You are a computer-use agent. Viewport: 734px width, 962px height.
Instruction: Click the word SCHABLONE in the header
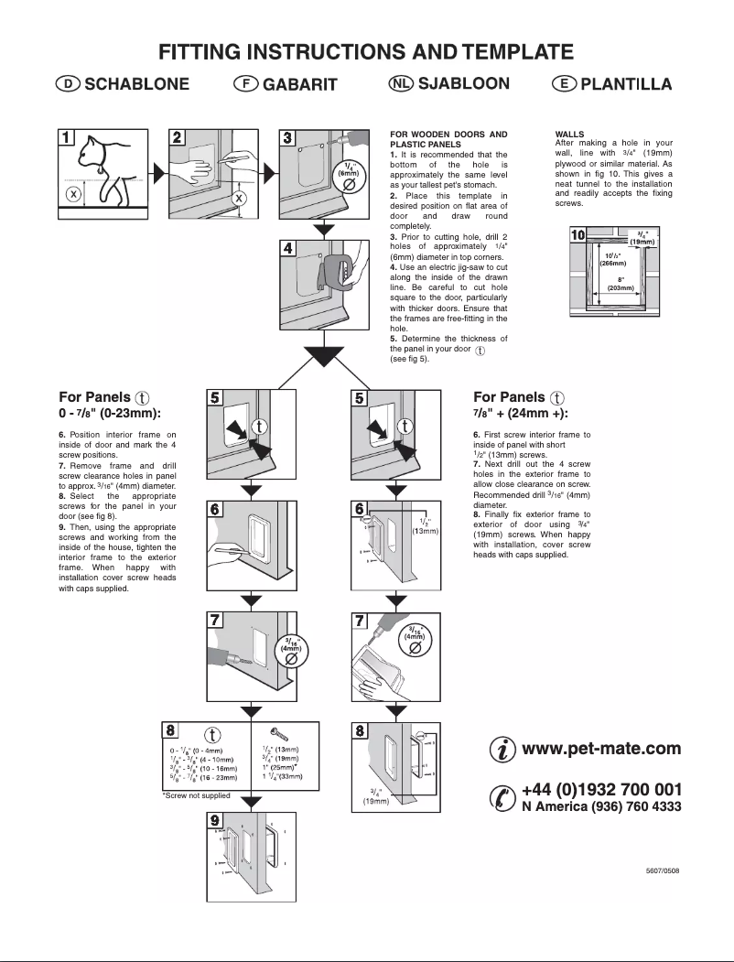coord(137,84)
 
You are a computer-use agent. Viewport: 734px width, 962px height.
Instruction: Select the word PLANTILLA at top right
coord(627,84)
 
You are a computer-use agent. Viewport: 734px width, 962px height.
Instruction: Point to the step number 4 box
coord(288,248)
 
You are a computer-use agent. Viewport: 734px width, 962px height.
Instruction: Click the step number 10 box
coord(577,235)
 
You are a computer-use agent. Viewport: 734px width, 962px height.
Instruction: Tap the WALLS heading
coord(569,134)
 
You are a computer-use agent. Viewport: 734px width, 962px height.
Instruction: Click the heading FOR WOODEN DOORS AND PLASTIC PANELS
coord(448,139)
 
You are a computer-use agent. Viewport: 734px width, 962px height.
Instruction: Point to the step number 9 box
coord(215,820)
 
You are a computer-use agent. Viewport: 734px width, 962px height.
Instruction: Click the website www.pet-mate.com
coord(600,749)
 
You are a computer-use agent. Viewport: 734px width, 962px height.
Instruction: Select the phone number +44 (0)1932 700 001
coord(600,789)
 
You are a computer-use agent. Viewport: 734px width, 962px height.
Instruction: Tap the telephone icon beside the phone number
coord(502,797)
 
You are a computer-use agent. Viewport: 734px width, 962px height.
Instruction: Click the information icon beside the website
coord(502,751)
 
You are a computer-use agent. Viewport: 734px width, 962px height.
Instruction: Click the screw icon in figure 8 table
coord(280,733)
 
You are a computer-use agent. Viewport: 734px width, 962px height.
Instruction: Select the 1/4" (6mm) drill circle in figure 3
coord(348,178)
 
